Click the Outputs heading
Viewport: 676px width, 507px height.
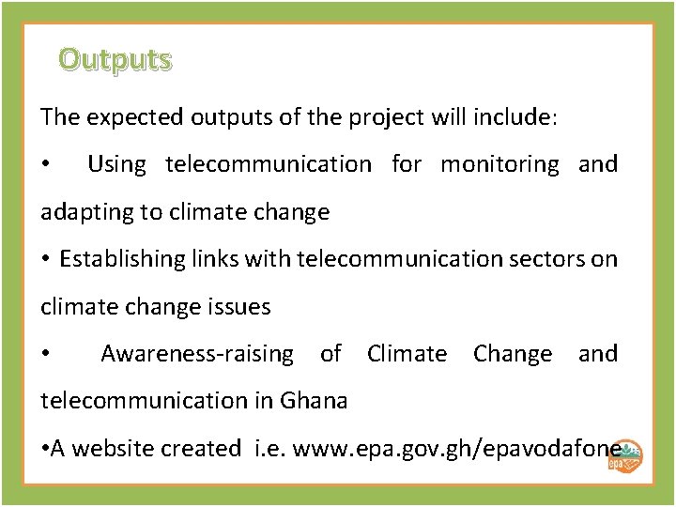pos(115,60)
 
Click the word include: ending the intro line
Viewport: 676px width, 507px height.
pos(515,118)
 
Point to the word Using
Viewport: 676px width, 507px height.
pos(116,165)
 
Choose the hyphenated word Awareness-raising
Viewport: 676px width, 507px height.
pos(196,354)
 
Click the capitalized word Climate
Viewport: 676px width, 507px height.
pos(407,354)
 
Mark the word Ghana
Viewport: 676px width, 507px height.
pos(314,401)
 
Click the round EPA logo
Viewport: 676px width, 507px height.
pos(625,454)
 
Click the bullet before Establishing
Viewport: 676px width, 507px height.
pos(46,260)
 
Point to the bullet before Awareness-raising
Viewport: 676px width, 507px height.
pos(46,355)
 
